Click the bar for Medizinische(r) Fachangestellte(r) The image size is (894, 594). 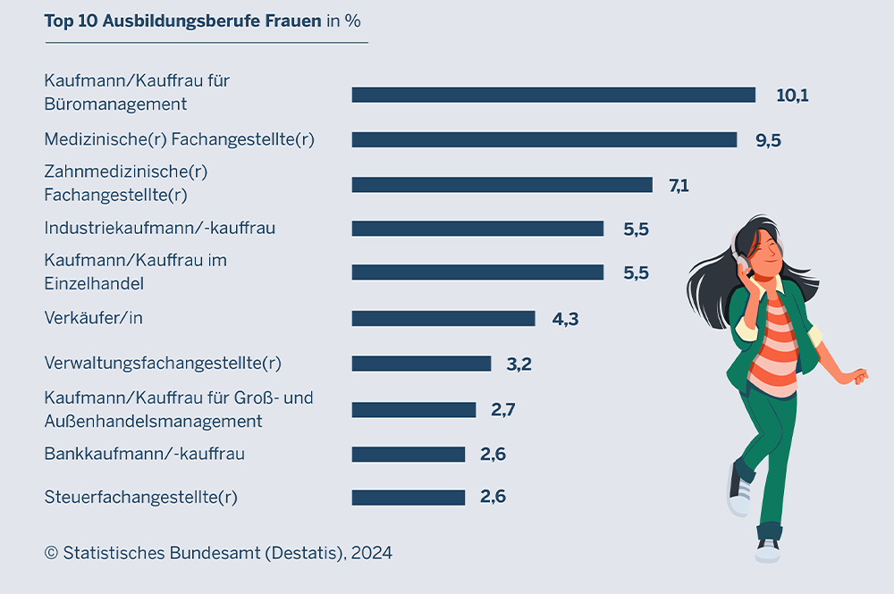click(x=544, y=139)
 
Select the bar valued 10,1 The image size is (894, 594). click(x=553, y=95)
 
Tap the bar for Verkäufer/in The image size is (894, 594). click(x=443, y=318)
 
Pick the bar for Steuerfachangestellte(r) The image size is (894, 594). click(x=409, y=498)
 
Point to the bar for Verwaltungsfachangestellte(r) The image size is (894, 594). click(x=421, y=364)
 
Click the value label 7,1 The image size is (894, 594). click(x=679, y=185)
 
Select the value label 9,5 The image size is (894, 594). click(x=768, y=139)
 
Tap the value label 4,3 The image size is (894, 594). click(x=565, y=318)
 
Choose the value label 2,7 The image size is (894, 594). click(x=502, y=410)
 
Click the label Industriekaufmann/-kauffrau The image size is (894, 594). click(x=160, y=228)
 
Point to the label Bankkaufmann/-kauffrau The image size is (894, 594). click(x=144, y=454)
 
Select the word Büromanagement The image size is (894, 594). click(x=115, y=105)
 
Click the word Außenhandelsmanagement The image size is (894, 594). click(x=153, y=421)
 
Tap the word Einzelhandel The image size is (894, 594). click(x=94, y=284)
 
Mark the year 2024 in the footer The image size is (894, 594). click(x=371, y=553)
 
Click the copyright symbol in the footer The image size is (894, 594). click(x=51, y=553)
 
